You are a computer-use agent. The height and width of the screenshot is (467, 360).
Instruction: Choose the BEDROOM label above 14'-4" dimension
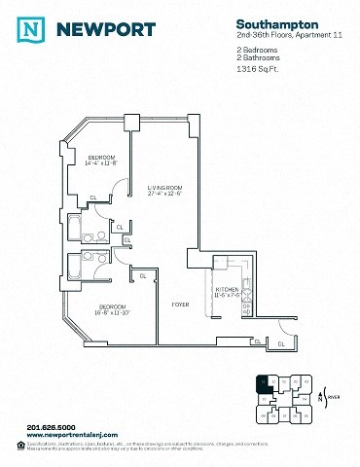tap(102, 157)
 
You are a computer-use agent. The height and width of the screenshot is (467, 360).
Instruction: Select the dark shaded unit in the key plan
tap(262, 382)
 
